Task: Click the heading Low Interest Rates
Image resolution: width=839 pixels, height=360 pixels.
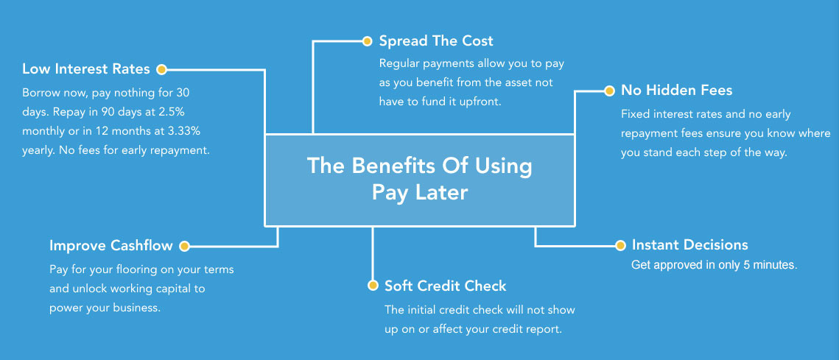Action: (85, 69)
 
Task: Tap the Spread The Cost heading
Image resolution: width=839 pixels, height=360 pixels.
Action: (436, 40)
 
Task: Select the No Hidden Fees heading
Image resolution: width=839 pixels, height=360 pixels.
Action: (676, 91)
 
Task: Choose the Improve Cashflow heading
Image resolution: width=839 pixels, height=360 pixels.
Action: (111, 246)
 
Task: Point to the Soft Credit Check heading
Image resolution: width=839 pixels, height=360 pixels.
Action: (446, 286)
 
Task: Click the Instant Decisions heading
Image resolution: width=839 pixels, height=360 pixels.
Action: (689, 245)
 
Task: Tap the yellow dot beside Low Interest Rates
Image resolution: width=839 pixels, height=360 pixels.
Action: (161, 69)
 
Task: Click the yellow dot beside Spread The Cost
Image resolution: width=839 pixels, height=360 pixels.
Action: (366, 40)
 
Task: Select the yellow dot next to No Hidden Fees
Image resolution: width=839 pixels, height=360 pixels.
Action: (608, 91)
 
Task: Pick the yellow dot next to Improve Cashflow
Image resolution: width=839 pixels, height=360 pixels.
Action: (184, 246)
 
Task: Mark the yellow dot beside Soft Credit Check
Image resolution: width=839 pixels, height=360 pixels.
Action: (372, 286)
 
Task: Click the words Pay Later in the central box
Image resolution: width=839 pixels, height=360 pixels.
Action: (419, 192)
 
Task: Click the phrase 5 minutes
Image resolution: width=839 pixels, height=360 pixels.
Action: (766, 265)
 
